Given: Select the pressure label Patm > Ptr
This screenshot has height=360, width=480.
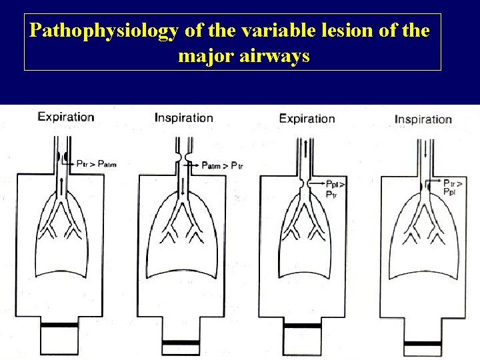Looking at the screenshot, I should click(x=222, y=165).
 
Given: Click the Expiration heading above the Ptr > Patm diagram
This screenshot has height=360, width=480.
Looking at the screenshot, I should click(x=65, y=117).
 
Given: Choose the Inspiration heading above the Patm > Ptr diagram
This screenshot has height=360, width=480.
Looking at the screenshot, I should click(x=184, y=118).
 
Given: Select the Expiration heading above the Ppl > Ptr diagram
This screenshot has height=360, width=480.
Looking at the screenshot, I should click(x=307, y=119).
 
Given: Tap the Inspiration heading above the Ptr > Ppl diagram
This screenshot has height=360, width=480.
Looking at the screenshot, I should click(x=423, y=119).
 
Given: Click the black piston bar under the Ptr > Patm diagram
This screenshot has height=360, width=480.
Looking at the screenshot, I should click(x=60, y=326).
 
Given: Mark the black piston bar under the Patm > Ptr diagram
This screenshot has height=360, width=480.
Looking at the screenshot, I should click(x=181, y=342).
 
